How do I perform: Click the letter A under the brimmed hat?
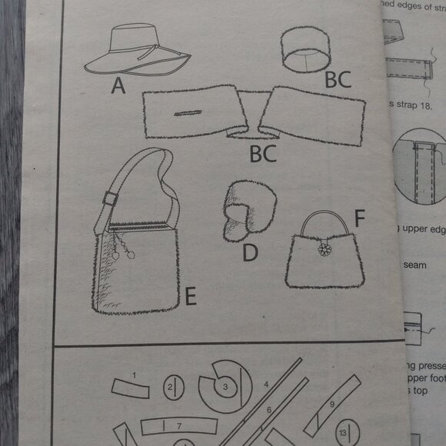pos(118,85)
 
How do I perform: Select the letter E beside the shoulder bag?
pos(190,295)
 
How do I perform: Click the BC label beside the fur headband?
pos(337,78)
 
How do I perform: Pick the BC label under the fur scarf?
pos(263,155)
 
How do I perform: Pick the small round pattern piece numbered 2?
pos(173,388)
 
